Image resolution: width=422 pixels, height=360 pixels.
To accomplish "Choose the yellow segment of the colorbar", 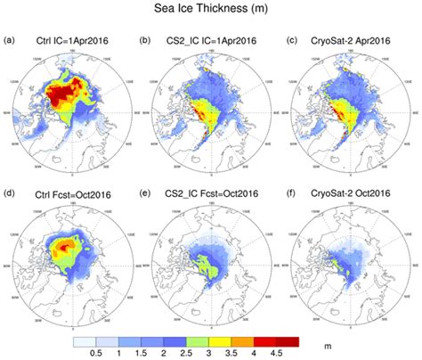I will (x=248, y=336).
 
